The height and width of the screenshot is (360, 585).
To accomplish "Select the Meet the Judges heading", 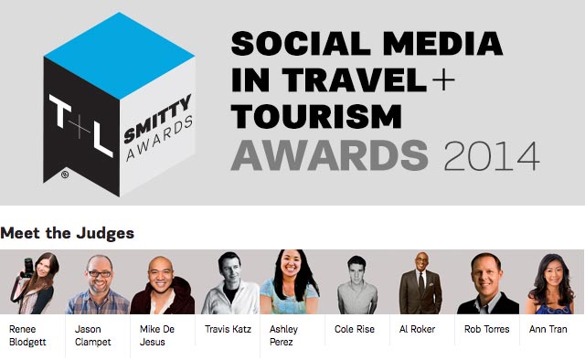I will coord(68,233).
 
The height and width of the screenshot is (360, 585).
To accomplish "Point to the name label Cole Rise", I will coord(353,327).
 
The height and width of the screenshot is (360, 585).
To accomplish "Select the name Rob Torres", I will coord(484,327).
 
